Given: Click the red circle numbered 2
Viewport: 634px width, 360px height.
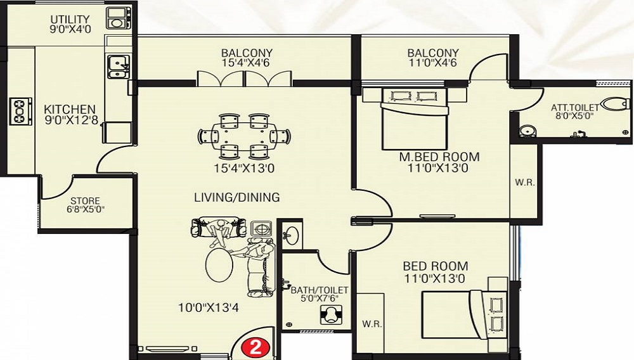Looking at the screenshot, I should click(x=255, y=347).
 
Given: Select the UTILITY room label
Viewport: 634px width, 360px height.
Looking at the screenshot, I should click(x=70, y=20).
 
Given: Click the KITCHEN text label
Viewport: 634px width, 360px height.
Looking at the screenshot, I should click(x=70, y=109).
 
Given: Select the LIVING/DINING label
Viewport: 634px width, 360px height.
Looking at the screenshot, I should click(x=236, y=198).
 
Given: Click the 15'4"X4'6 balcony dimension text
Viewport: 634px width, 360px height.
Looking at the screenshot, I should click(x=247, y=63).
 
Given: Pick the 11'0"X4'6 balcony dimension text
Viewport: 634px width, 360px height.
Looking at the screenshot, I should click(x=432, y=63).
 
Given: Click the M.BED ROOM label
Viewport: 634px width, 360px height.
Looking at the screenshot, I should click(x=439, y=157).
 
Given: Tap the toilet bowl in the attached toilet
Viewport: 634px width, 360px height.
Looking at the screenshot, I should click(x=615, y=104).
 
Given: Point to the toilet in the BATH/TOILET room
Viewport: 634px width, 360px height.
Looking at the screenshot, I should click(x=330, y=314).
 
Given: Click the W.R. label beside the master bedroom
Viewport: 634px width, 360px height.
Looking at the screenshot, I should click(x=526, y=183).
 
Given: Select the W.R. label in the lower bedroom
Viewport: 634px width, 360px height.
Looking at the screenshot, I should click(x=371, y=324).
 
